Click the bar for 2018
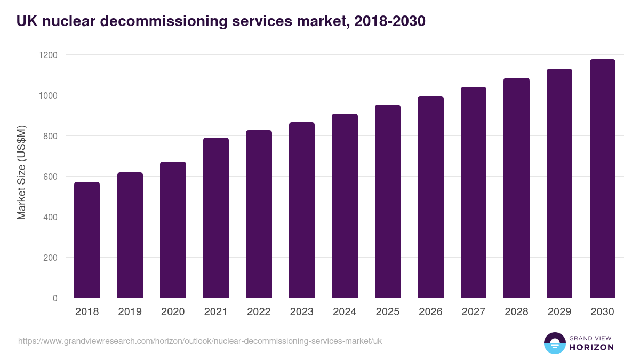pyautogui.click(x=87, y=240)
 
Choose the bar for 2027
pyautogui.click(x=474, y=193)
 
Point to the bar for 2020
pyautogui.click(x=173, y=230)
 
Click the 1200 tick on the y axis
pyautogui.click(x=47, y=55)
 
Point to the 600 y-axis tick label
pyautogui.click(x=50, y=177)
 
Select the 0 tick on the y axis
pyautogui.click(x=55, y=298)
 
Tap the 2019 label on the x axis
pyautogui.click(x=130, y=312)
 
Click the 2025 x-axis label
pyautogui.click(x=388, y=312)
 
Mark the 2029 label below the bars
pyautogui.click(x=559, y=312)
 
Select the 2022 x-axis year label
pyautogui.click(x=259, y=312)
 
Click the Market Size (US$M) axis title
pyautogui.click(x=21, y=172)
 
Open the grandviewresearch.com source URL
pyautogui.click(x=200, y=341)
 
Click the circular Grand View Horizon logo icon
pyautogui.click(x=555, y=343)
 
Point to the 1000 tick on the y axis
pyautogui.click(x=47, y=95)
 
